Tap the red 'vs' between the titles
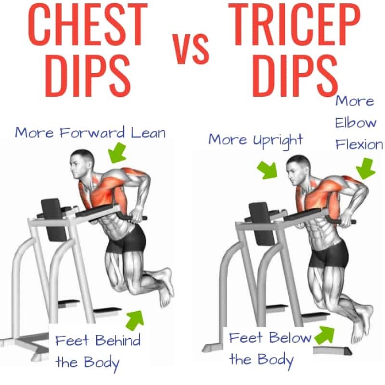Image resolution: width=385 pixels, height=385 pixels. point(191,49)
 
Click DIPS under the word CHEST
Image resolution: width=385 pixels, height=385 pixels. point(87,75)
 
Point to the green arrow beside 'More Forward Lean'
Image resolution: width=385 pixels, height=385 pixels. point(118,153)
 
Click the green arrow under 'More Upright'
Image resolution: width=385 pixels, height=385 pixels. point(267,170)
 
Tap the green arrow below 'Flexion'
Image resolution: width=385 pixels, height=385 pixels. point(365,168)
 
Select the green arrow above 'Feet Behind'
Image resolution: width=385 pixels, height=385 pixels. point(135,320)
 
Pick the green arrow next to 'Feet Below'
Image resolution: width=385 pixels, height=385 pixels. point(324,335)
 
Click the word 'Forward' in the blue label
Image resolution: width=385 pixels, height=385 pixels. point(92,133)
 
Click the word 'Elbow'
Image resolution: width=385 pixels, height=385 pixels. point(356,123)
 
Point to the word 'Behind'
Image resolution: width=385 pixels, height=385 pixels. point(118,340)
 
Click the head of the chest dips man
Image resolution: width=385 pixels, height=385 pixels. point(82,162)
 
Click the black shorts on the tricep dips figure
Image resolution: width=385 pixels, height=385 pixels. point(328,255)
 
